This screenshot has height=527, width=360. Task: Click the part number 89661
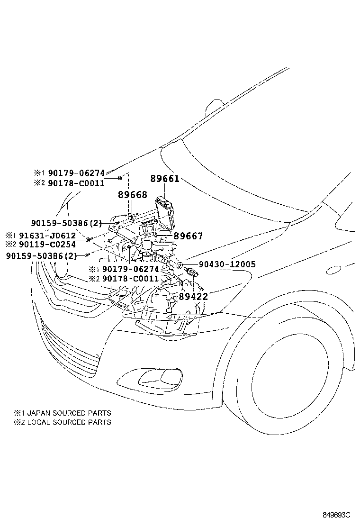click(165, 179)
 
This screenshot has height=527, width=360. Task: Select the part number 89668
click(132, 195)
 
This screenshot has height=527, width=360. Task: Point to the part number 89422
click(193, 297)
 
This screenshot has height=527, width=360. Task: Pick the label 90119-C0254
click(51, 245)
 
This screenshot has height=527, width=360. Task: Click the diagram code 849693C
click(336, 515)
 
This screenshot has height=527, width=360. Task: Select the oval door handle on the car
click(333, 270)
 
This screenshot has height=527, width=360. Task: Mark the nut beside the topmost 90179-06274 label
click(120, 178)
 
